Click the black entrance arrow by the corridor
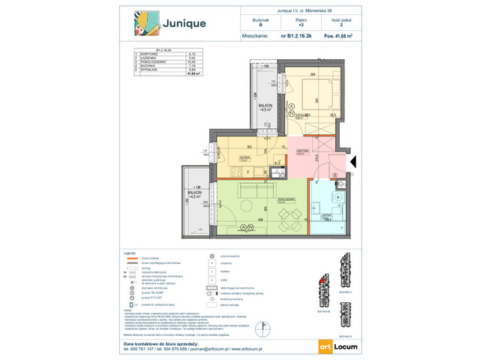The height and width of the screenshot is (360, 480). point(354,160)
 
